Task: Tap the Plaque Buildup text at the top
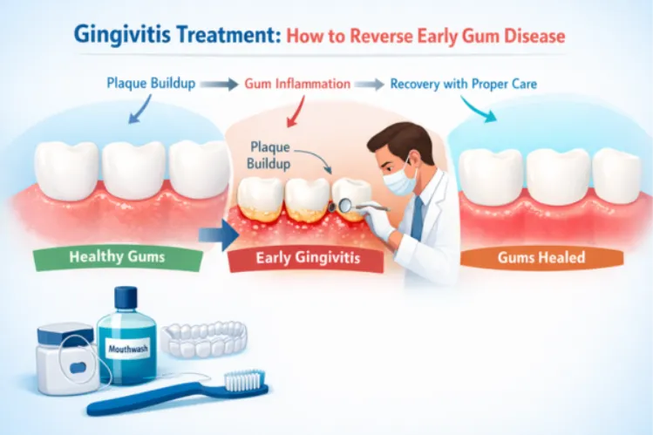tap(151, 85)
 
